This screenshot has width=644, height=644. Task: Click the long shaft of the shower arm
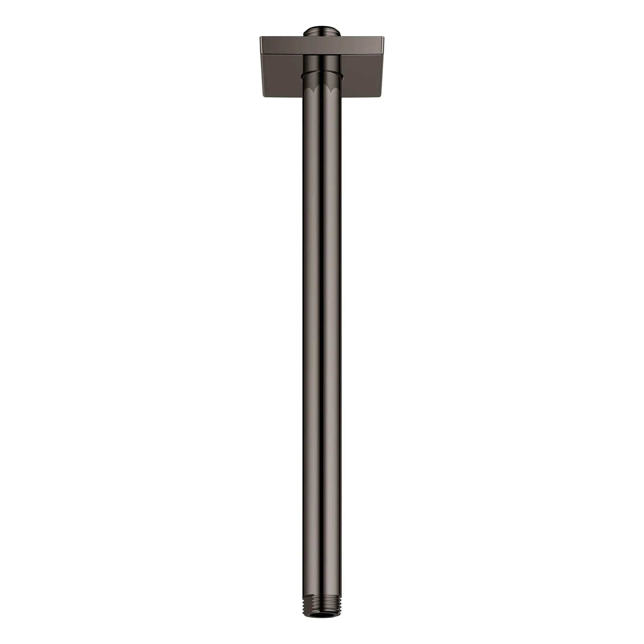[322, 333]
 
